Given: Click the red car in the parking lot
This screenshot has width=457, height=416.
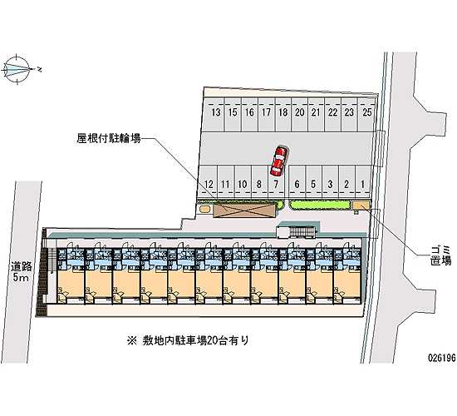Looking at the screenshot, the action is (x=279, y=161).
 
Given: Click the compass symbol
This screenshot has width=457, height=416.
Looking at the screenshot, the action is (x=17, y=70).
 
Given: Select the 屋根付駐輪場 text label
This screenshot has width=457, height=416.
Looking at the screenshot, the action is (x=109, y=138).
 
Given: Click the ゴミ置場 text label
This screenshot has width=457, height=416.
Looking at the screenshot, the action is (x=440, y=255).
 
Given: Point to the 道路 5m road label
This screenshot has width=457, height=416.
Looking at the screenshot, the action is (x=21, y=271).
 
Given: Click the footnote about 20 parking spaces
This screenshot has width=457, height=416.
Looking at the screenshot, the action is (x=188, y=340).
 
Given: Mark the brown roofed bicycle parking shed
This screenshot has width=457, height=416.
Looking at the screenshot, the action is (x=244, y=210).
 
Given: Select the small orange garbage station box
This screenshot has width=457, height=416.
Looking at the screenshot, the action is (x=361, y=206).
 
